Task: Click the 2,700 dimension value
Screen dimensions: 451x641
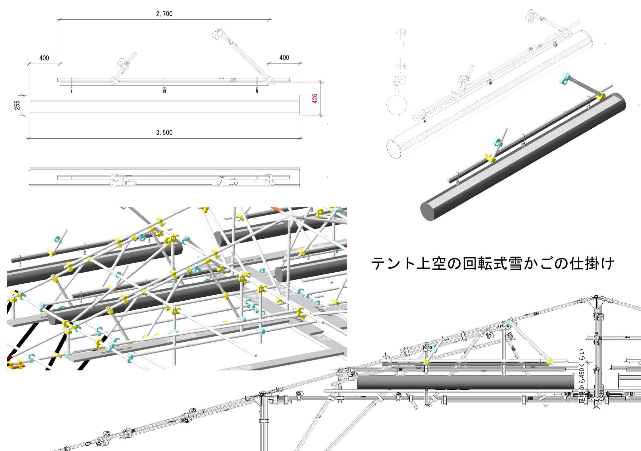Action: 164,14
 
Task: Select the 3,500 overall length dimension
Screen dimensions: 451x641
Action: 164,133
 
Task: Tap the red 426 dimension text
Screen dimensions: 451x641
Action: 315,99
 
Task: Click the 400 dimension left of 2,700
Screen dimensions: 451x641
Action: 44,58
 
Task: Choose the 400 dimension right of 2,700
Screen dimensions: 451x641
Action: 284,58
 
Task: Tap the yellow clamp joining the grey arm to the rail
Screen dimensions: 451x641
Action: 600,96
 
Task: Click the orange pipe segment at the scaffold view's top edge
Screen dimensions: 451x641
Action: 276,210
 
